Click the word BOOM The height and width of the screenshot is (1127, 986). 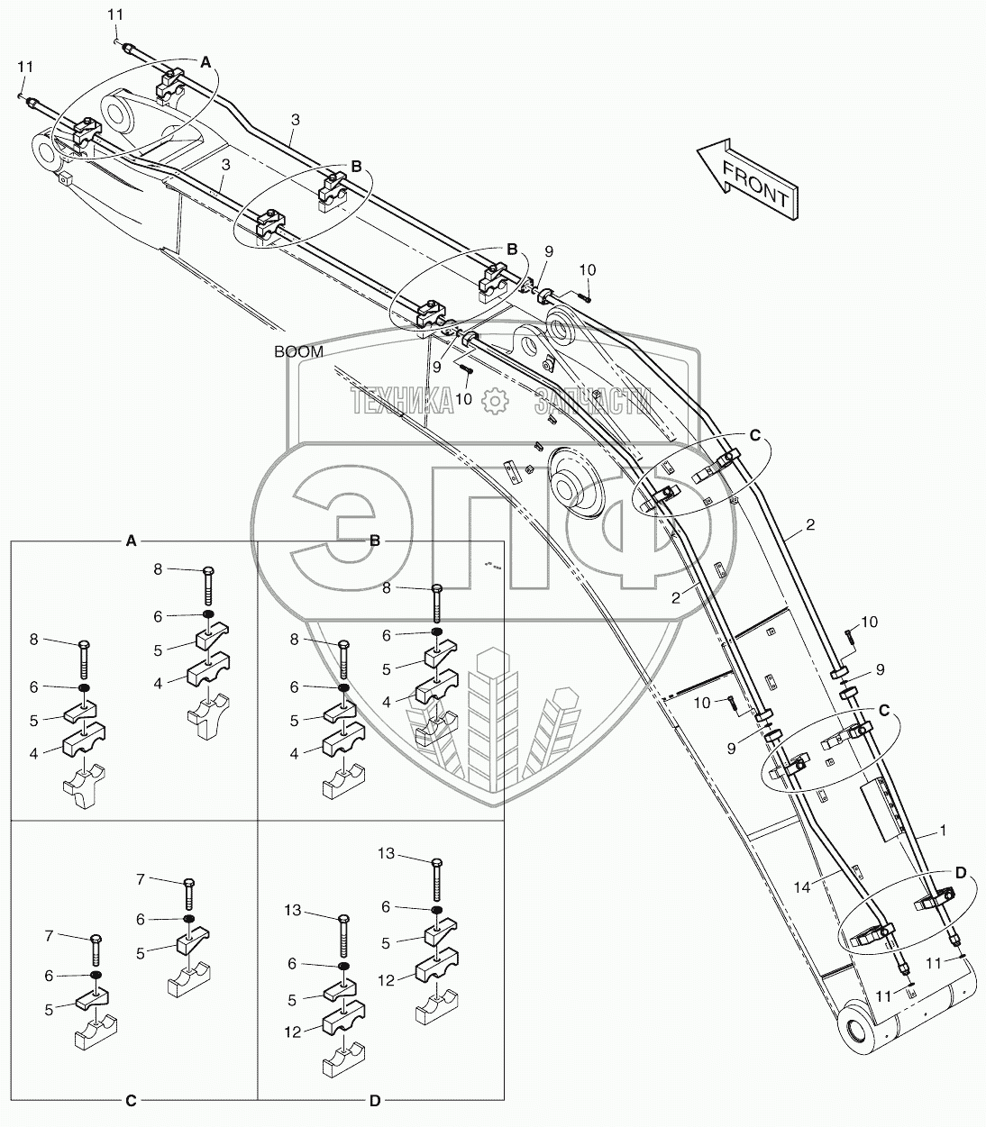(x=298, y=352)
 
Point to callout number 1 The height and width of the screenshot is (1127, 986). (x=943, y=832)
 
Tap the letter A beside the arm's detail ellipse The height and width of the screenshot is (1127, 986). (x=205, y=62)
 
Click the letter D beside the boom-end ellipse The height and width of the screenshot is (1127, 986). (x=960, y=872)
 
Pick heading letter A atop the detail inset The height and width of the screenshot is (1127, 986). (x=132, y=541)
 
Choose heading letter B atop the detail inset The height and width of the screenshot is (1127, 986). (x=375, y=541)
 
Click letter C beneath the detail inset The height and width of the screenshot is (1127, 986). (x=132, y=1100)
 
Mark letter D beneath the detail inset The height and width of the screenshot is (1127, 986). (x=375, y=1100)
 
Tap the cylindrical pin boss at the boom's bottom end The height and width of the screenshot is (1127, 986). (x=856, y=1029)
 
